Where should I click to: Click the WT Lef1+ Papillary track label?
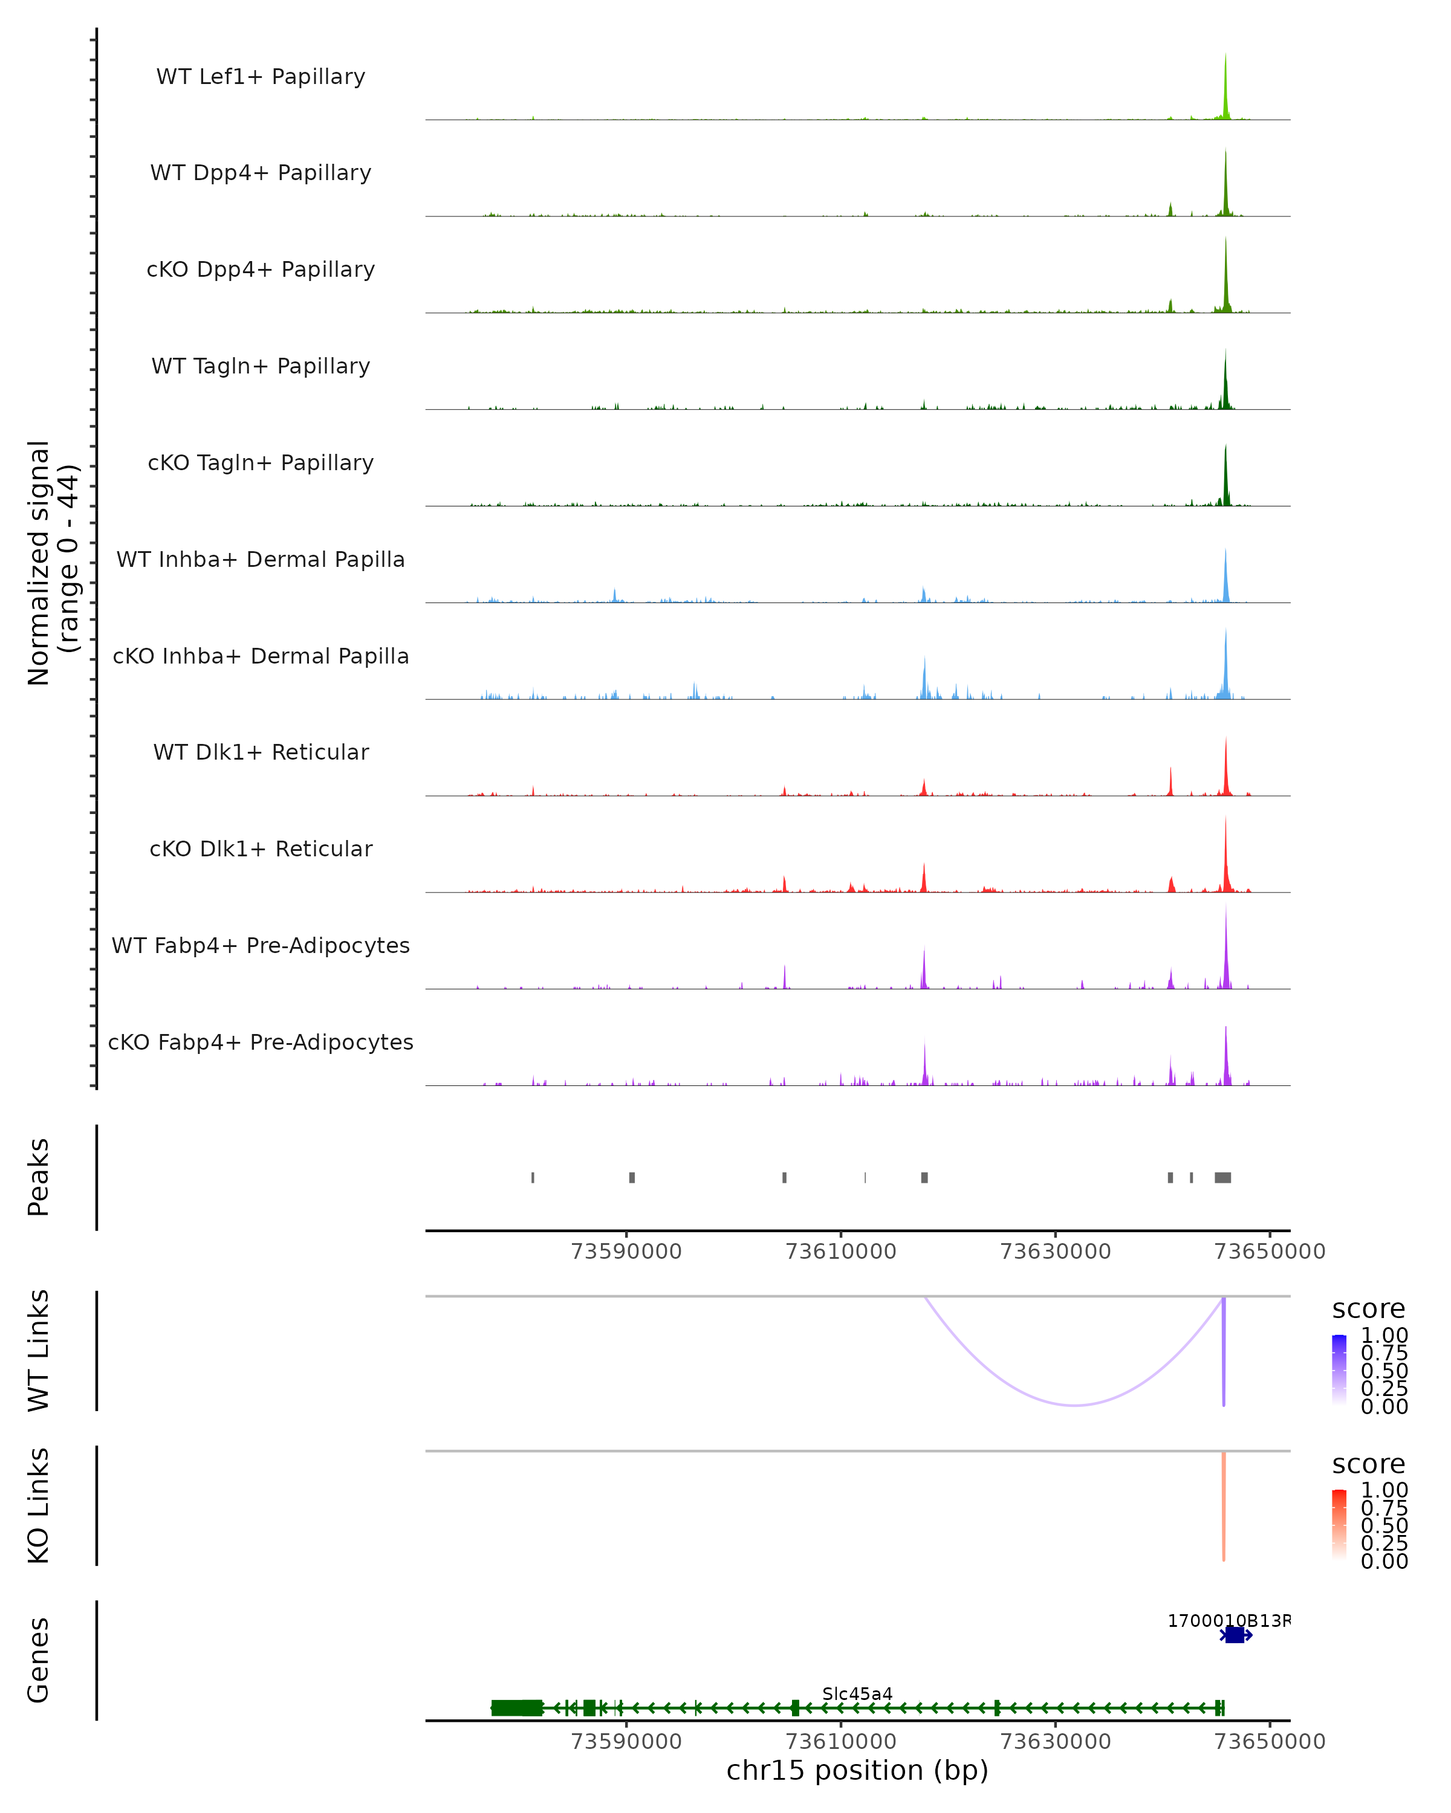click(x=261, y=77)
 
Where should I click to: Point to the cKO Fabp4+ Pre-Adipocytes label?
click(x=261, y=1042)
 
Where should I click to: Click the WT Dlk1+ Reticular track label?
click(x=261, y=752)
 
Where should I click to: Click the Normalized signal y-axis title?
click(x=52, y=563)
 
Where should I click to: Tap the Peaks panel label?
click(x=39, y=1177)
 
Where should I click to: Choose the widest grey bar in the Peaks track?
click(x=1223, y=1177)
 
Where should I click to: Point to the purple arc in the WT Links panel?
click(x=1075, y=1404)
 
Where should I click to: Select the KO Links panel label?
click(x=39, y=1506)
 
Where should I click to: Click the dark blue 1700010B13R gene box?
click(x=1235, y=1635)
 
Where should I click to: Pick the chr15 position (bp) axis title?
click(x=857, y=1771)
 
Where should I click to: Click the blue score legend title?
click(x=1369, y=1310)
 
